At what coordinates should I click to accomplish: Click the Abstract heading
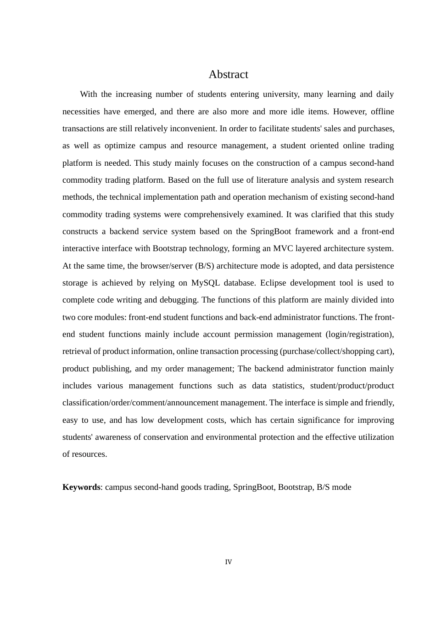click(x=228, y=74)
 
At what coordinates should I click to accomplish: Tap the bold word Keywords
click(x=81, y=487)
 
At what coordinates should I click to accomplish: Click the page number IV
click(x=228, y=562)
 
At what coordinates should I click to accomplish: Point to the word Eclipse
click(x=274, y=283)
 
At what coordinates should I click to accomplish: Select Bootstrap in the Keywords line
click(x=295, y=487)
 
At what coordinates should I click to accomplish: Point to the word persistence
click(x=372, y=266)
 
